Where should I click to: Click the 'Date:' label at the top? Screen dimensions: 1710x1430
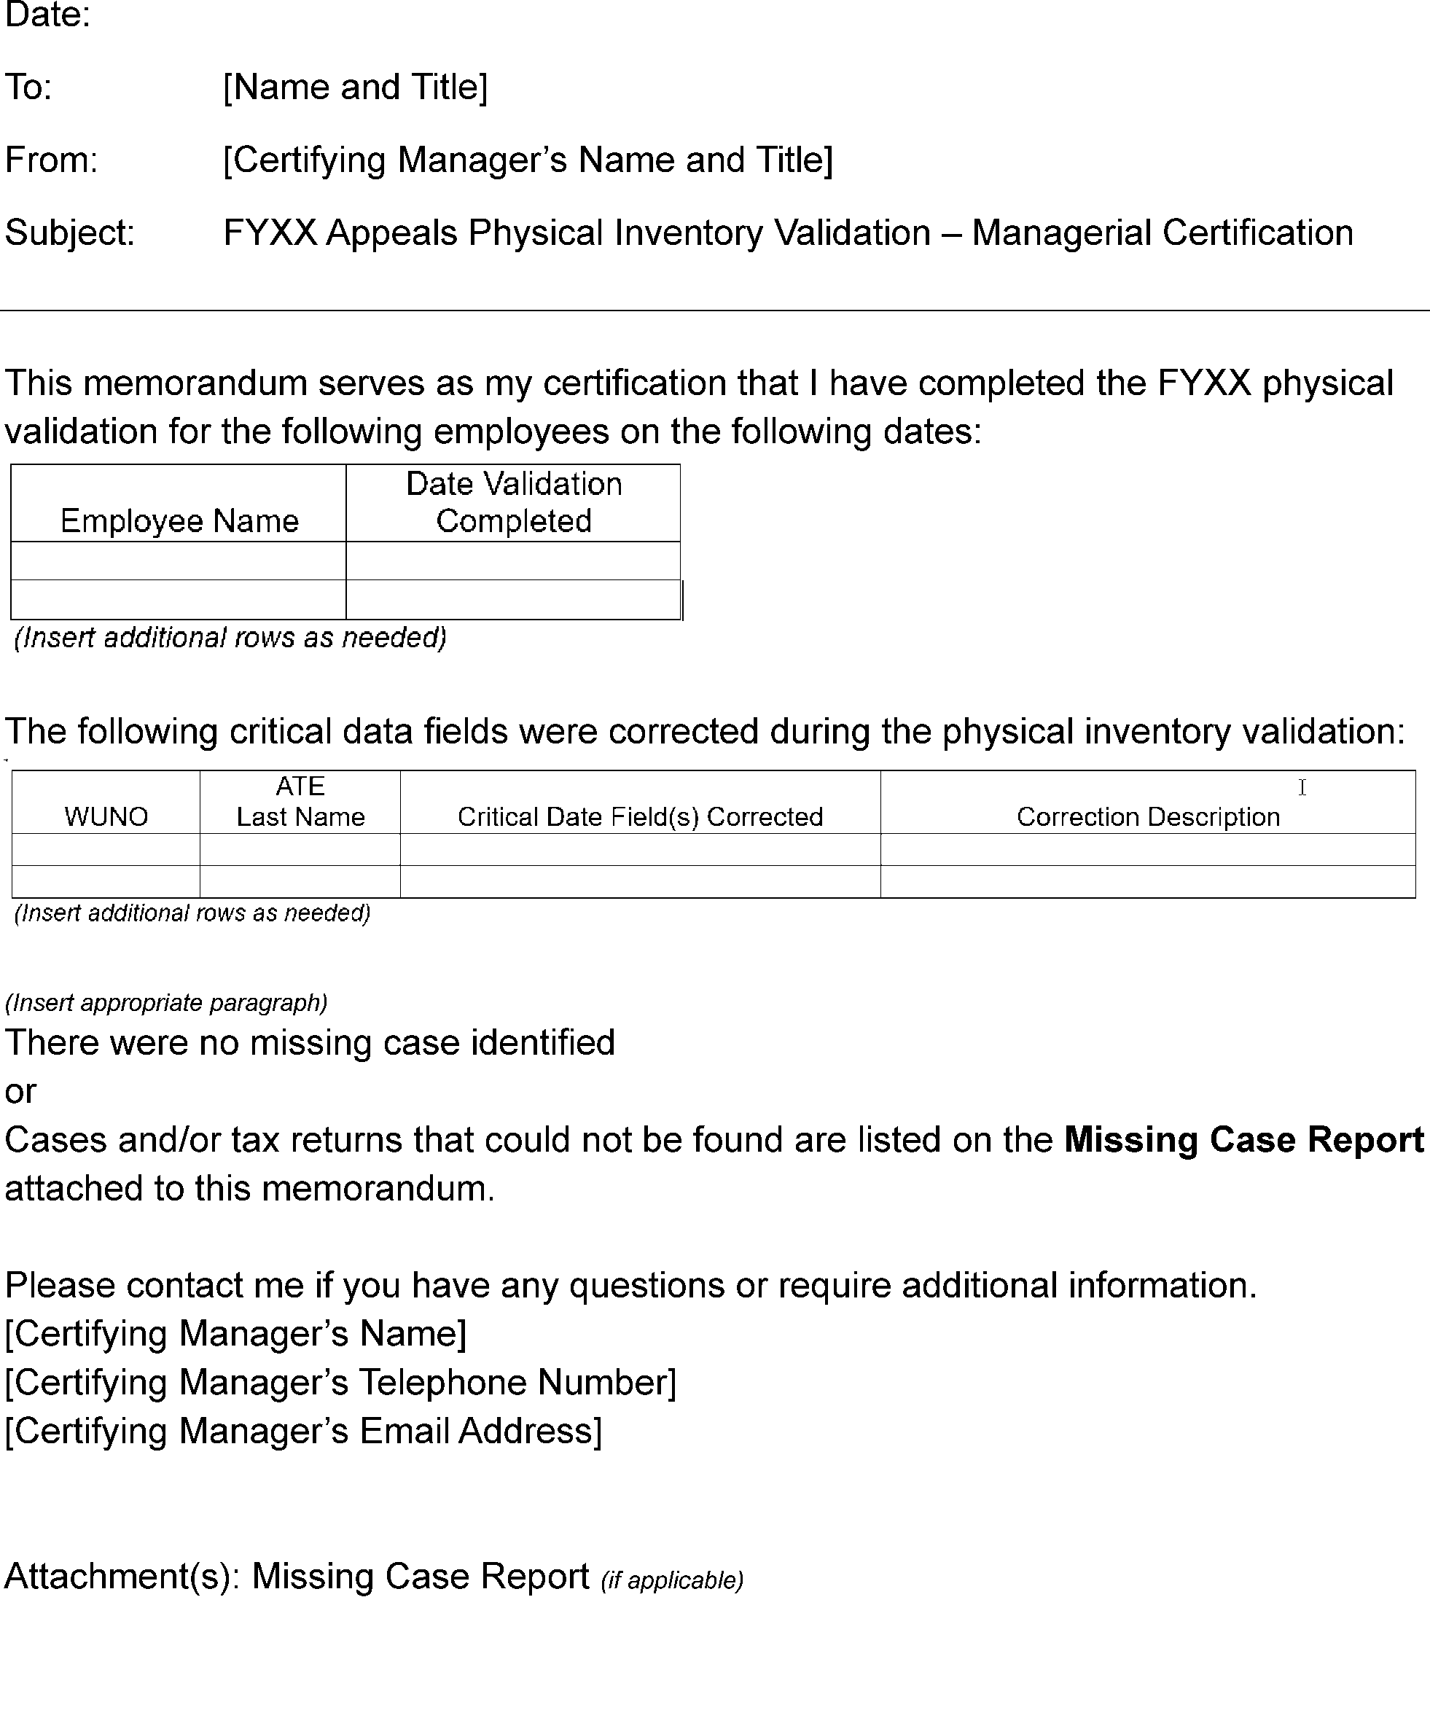tap(47, 15)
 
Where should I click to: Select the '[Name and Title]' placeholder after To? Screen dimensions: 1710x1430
tap(355, 87)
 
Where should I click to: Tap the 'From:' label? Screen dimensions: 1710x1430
tap(51, 160)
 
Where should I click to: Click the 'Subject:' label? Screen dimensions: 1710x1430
tap(70, 233)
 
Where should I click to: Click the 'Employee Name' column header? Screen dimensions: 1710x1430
tap(179, 520)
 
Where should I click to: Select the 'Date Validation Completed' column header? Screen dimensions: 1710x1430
tap(514, 502)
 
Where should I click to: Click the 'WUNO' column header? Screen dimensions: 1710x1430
tap(106, 816)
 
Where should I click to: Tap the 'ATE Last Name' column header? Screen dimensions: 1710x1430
tap(300, 801)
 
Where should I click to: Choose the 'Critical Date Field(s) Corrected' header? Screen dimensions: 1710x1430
tap(640, 816)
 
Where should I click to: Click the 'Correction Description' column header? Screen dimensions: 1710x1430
tap(1148, 816)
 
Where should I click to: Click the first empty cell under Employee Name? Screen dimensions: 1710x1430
tap(179, 561)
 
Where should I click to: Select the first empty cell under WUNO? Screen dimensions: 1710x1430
tap(106, 849)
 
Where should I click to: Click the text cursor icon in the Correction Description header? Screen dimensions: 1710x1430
tap(1302, 786)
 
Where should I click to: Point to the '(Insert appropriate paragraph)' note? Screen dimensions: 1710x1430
tap(166, 1002)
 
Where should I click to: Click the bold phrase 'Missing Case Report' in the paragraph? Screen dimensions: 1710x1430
tap(1243, 1140)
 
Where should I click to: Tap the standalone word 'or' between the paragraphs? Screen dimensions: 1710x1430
tap(20, 1092)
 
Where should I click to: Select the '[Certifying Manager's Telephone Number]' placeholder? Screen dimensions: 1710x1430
tap(340, 1383)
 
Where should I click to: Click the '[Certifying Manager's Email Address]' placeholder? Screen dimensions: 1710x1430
tap(303, 1432)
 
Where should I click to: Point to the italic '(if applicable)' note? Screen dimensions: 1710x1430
tap(672, 1580)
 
